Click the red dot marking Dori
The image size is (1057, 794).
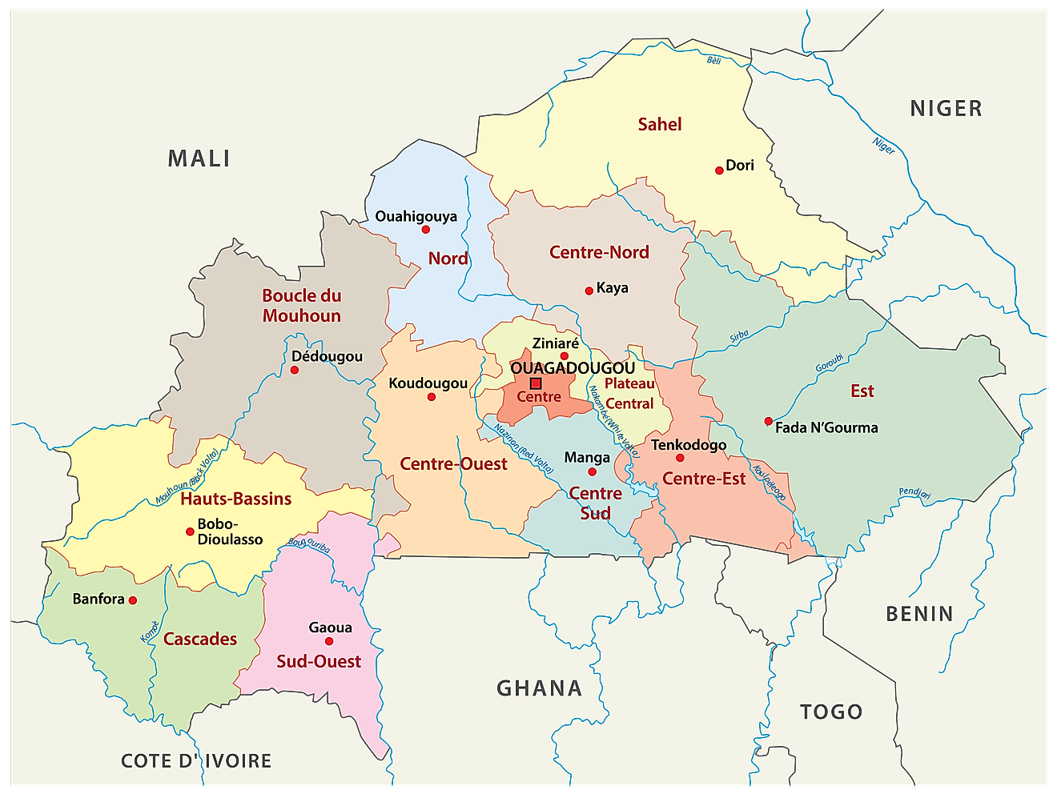tap(719, 170)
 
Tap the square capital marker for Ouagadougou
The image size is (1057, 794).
tap(536, 383)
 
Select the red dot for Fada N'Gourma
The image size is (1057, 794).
tap(769, 421)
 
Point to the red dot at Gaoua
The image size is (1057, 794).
tap(329, 641)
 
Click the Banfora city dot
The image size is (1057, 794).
tap(133, 600)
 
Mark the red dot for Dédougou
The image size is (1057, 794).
tap(295, 370)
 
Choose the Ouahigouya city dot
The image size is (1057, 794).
tap(426, 230)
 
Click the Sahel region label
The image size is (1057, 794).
tap(660, 124)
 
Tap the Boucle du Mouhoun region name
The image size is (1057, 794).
tap(302, 306)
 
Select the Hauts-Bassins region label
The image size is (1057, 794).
tap(235, 499)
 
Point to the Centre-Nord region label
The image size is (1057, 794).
tap(599, 252)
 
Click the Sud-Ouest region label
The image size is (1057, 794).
tap(319, 661)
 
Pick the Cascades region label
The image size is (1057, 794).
tap(200, 639)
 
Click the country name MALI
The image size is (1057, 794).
tap(199, 158)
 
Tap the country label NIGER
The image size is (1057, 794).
tap(946, 108)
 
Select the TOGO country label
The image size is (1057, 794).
tap(831, 712)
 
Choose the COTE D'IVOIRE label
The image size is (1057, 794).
tap(196, 760)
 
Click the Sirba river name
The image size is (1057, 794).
tap(739, 337)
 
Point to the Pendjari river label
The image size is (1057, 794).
tap(914, 493)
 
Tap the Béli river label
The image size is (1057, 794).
tap(713, 60)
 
